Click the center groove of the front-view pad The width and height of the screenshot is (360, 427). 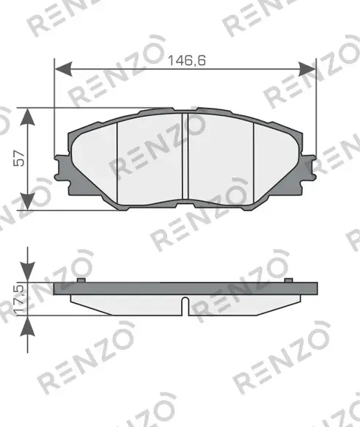(x=185, y=158)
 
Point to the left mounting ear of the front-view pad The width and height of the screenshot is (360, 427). (x=62, y=164)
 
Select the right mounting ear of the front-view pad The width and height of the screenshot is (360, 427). (x=308, y=164)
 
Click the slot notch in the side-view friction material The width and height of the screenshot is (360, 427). (x=185, y=304)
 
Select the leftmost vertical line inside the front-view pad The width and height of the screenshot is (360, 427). (x=118, y=158)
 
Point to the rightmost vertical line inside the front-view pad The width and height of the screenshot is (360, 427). (x=254, y=158)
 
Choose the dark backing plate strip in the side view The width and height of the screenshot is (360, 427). (x=185, y=290)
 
